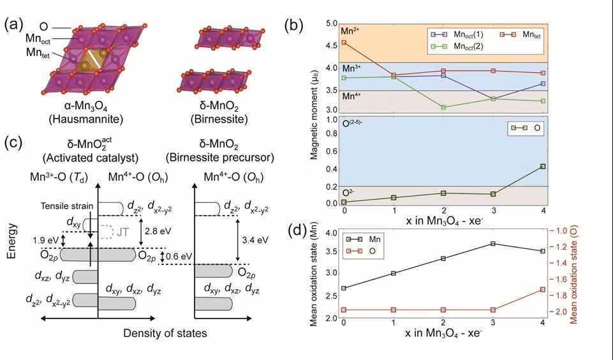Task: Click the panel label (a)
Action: pos(15,25)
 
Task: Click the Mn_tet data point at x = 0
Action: pos(344,43)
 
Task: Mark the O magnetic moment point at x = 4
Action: pos(543,167)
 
